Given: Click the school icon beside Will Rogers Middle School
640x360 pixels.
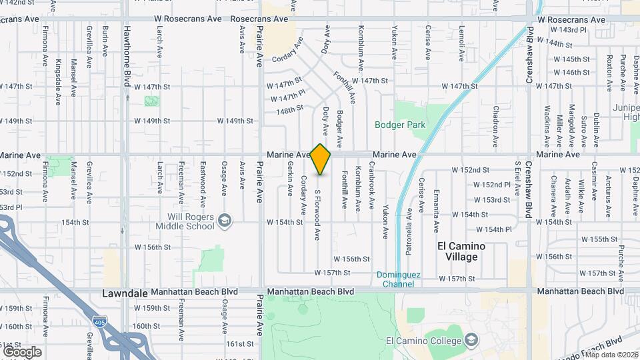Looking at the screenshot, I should tap(225, 219).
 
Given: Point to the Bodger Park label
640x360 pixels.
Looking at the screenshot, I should tap(400, 125).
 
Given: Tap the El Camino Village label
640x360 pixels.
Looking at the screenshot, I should tap(461, 251).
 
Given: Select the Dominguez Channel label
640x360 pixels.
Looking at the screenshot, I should tap(398, 279).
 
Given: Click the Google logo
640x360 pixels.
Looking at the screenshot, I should tap(22, 352).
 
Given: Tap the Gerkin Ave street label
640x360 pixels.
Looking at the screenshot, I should tap(291, 180).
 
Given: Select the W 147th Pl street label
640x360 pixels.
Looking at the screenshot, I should tap(288, 97).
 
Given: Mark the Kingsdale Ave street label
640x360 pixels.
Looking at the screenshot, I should tap(59, 74).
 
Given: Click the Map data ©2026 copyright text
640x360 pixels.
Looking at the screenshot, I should tap(611, 354).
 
